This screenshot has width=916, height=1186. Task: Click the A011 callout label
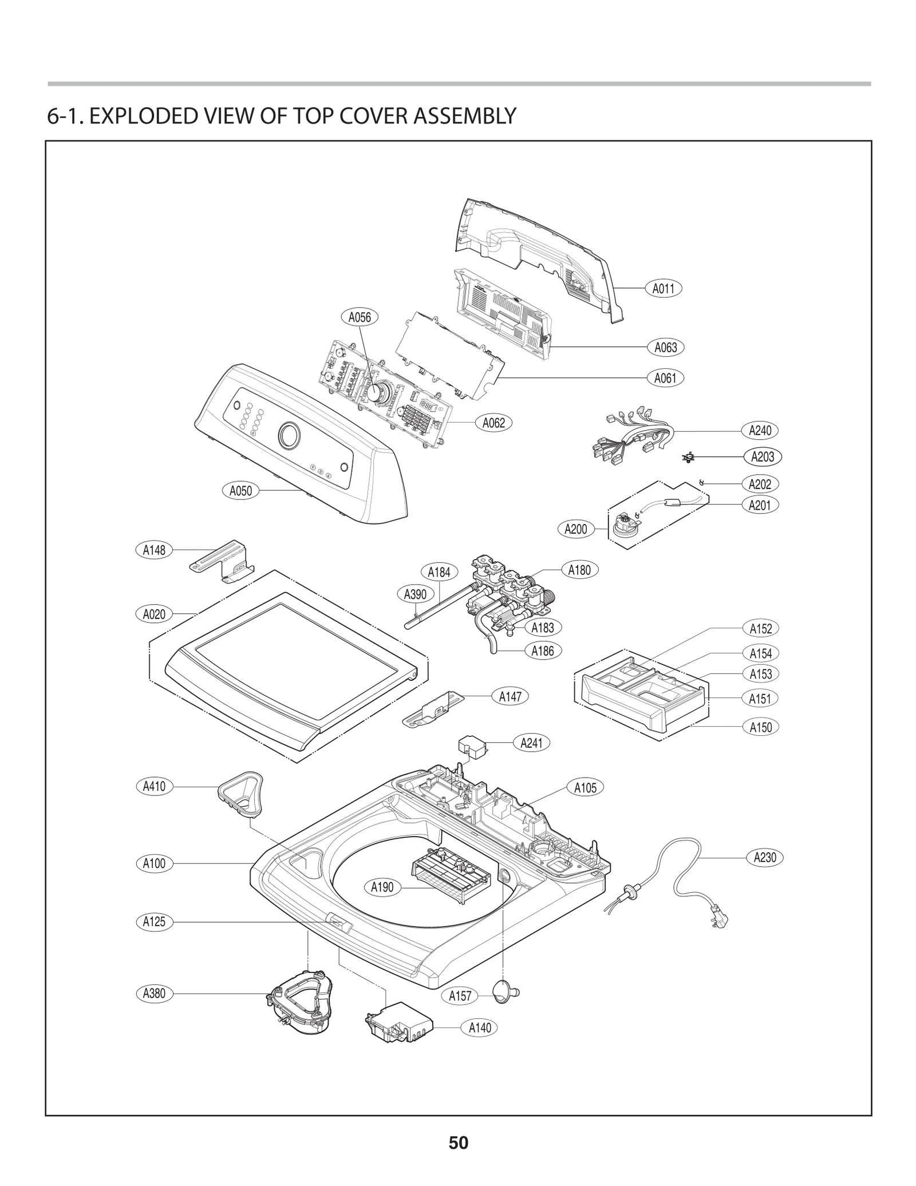click(664, 289)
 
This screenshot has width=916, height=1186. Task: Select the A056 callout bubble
click(360, 317)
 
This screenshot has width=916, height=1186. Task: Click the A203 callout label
click(763, 456)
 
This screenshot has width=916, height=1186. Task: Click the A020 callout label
click(154, 614)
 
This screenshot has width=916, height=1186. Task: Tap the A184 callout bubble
click(439, 572)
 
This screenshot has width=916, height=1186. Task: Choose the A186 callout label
click(542, 651)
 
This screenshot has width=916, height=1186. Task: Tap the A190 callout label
click(382, 887)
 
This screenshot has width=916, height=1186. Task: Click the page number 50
click(458, 1142)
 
